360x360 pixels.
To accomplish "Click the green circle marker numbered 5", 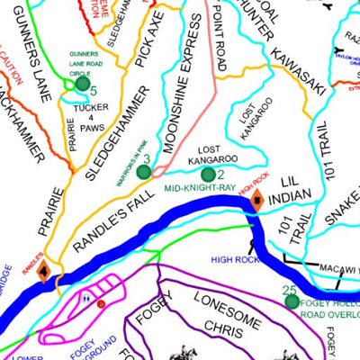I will (x=84, y=84).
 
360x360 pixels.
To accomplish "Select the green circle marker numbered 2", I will (x=209, y=175).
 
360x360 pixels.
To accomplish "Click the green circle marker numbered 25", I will (x=292, y=301).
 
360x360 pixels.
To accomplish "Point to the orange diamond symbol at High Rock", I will (x=256, y=201).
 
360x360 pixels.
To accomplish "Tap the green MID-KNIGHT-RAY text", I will (x=200, y=189).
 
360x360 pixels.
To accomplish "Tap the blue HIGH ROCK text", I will (x=235, y=259).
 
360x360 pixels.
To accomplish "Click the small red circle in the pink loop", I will (x=101, y=304).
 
